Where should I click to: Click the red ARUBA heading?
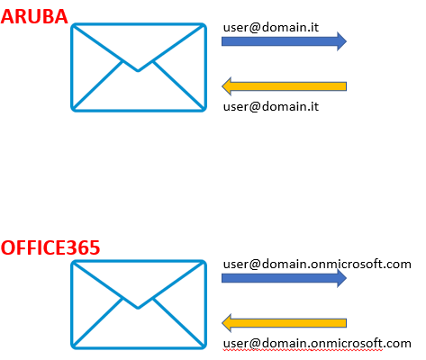click(34, 16)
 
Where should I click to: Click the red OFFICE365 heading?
click(50, 247)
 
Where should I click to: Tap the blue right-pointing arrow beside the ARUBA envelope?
click(284, 41)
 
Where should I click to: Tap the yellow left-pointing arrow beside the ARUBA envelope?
click(284, 86)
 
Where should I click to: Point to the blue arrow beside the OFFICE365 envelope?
click(284, 278)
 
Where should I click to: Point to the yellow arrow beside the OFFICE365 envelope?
click(284, 323)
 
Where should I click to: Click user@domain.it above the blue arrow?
click(271, 27)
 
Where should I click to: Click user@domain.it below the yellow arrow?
click(271, 106)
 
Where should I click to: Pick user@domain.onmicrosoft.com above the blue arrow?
click(317, 265)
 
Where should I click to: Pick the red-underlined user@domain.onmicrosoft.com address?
click(317, 344)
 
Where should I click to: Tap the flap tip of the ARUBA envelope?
click(138, 71)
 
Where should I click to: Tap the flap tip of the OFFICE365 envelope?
click(138, 308)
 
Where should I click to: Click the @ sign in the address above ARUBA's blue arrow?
click(255, 28)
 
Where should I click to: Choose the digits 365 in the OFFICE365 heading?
click(86, 247)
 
